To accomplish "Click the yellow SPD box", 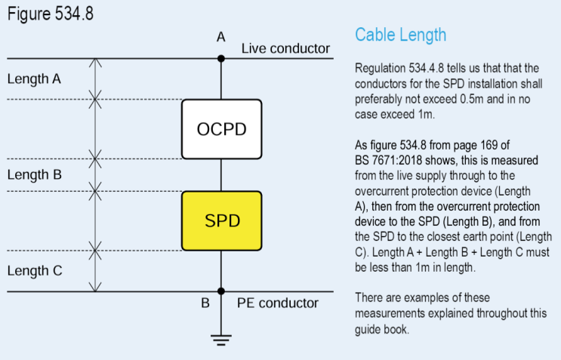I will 221,221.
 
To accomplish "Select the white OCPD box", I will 221,129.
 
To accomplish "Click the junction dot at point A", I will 221,58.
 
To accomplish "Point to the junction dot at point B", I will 221,291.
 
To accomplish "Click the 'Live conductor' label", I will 285,49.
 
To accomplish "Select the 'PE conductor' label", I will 278,303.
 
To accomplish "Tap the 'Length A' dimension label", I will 34,78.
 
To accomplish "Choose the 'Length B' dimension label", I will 34,174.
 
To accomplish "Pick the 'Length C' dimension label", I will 34,269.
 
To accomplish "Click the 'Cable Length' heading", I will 400,35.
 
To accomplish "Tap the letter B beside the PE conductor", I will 205,303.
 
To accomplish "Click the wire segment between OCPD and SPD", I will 221,174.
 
